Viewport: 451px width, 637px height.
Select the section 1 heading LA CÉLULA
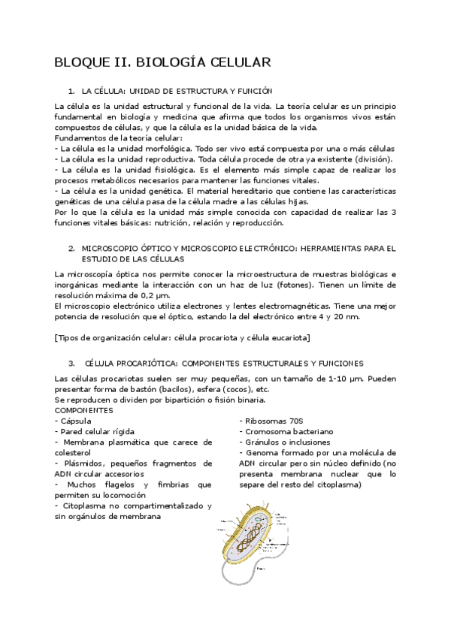click(177, 89)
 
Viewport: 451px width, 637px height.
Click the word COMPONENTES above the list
click(84, 411)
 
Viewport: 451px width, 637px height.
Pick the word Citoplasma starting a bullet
click(85, 506)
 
